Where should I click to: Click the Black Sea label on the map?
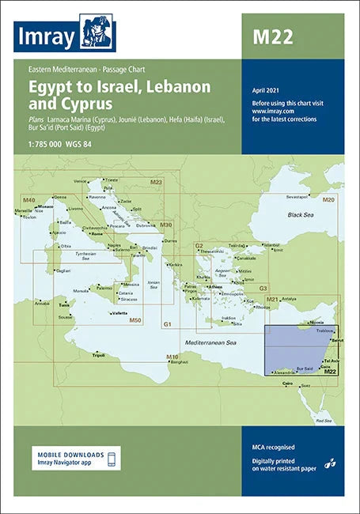(301, 214)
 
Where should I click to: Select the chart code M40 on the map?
(29, 178)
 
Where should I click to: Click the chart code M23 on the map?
(156, 182)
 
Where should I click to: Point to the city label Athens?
(216, 286)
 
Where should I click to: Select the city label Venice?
(80, 181)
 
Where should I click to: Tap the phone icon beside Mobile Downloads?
(112, 459)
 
